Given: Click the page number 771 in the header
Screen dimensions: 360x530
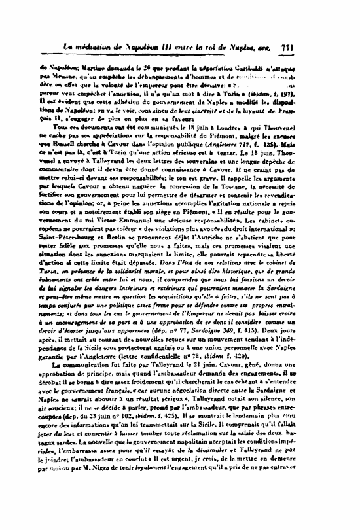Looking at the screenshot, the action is coord(340,48).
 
